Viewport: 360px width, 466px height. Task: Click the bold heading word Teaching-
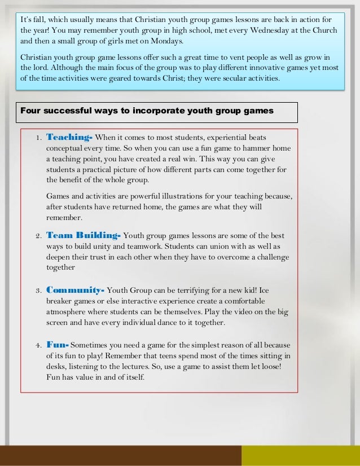(x=69, y=137)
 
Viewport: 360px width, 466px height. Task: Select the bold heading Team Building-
(x=83, y=235)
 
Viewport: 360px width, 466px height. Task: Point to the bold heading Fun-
(x=58, y=344)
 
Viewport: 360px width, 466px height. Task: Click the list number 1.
(x=37, y=138)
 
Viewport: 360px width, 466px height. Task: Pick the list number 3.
(x=37, y=291)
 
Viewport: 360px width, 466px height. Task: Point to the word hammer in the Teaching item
(x=257, y=148)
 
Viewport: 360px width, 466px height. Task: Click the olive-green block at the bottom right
(x=300, y=455)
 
